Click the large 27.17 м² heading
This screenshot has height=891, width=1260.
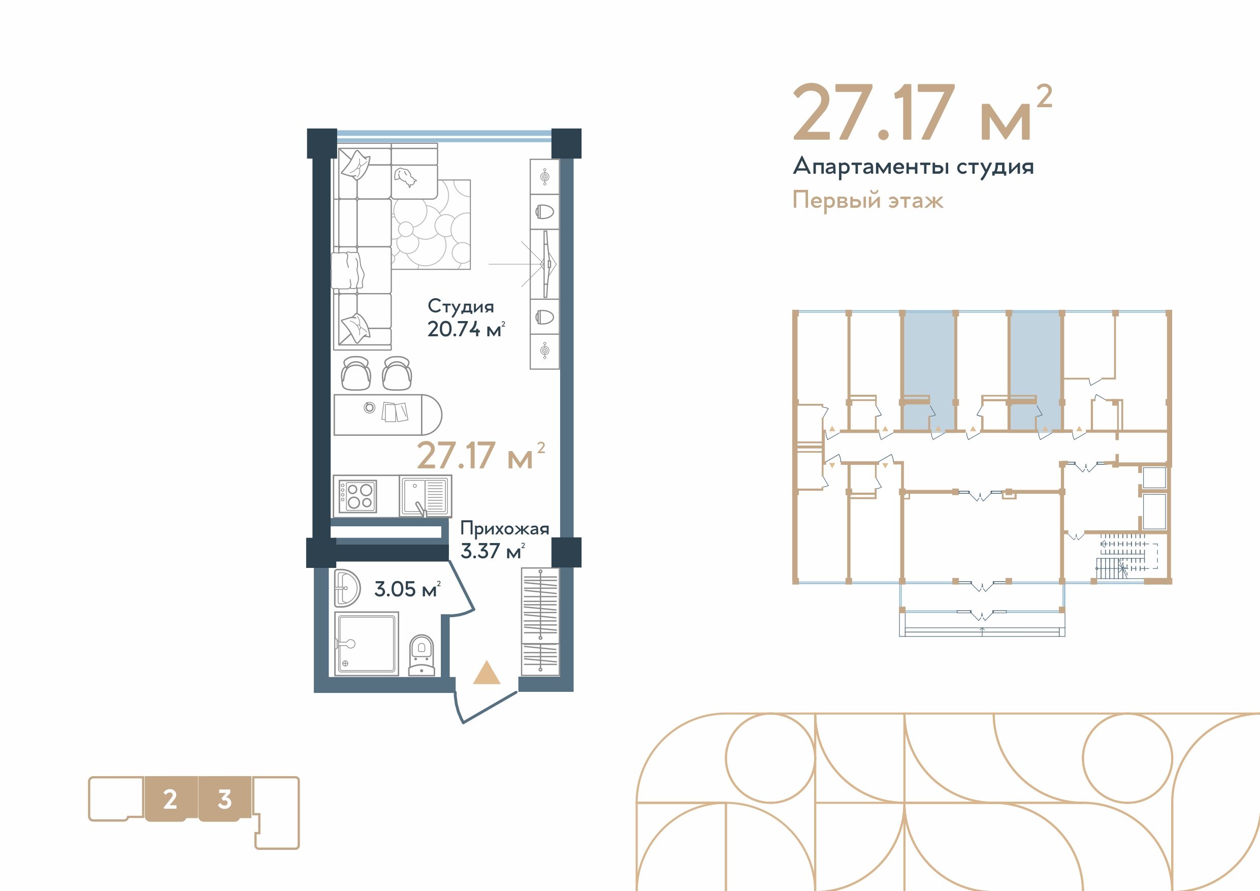[x=922, y=113]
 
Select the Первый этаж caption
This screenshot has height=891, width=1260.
[x=867, y=200]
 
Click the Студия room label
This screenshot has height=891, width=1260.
[x=461, y=306]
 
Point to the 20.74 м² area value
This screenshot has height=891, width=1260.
[x=466, y=329]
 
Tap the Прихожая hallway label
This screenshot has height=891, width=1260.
[x=504, y=528]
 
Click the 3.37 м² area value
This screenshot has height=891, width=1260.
[x=492, y=551]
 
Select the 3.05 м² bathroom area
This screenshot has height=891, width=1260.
[x=407, y=589]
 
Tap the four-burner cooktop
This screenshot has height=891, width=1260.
[x=357, y=496]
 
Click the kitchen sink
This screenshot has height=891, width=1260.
[x=424, y=496]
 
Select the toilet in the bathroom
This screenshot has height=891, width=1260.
[x=422, y=655]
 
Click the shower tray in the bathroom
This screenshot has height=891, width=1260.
[x=366, y=645]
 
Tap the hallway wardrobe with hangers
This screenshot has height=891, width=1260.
[x=540, y=622]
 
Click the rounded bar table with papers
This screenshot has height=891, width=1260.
[x=387, y=415]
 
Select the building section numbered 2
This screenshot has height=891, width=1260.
[x=170, y=800]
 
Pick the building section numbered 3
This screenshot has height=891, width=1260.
[x=224, y=800]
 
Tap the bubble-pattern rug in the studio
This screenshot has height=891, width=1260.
[x=431, y=225]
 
